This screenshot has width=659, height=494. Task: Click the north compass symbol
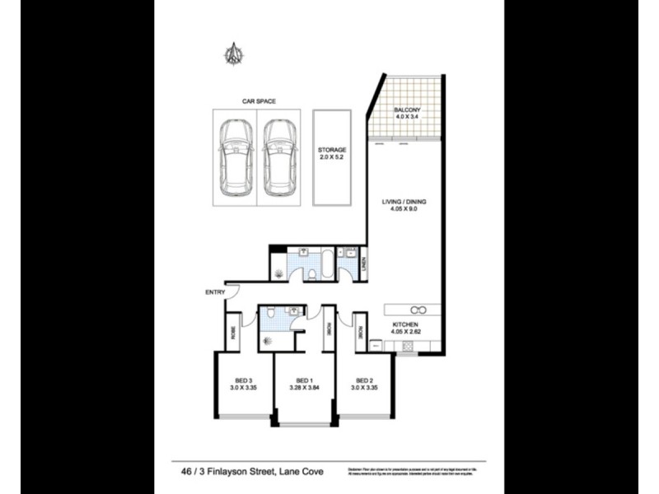click(234, 54)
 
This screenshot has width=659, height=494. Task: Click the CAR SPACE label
click(258, 101)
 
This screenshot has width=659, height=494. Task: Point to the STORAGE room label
click(332, 150)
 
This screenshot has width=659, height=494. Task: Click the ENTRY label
click(215, 292)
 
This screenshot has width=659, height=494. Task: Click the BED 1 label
click(303, 380)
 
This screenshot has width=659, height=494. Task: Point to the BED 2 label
click(364, 380)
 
